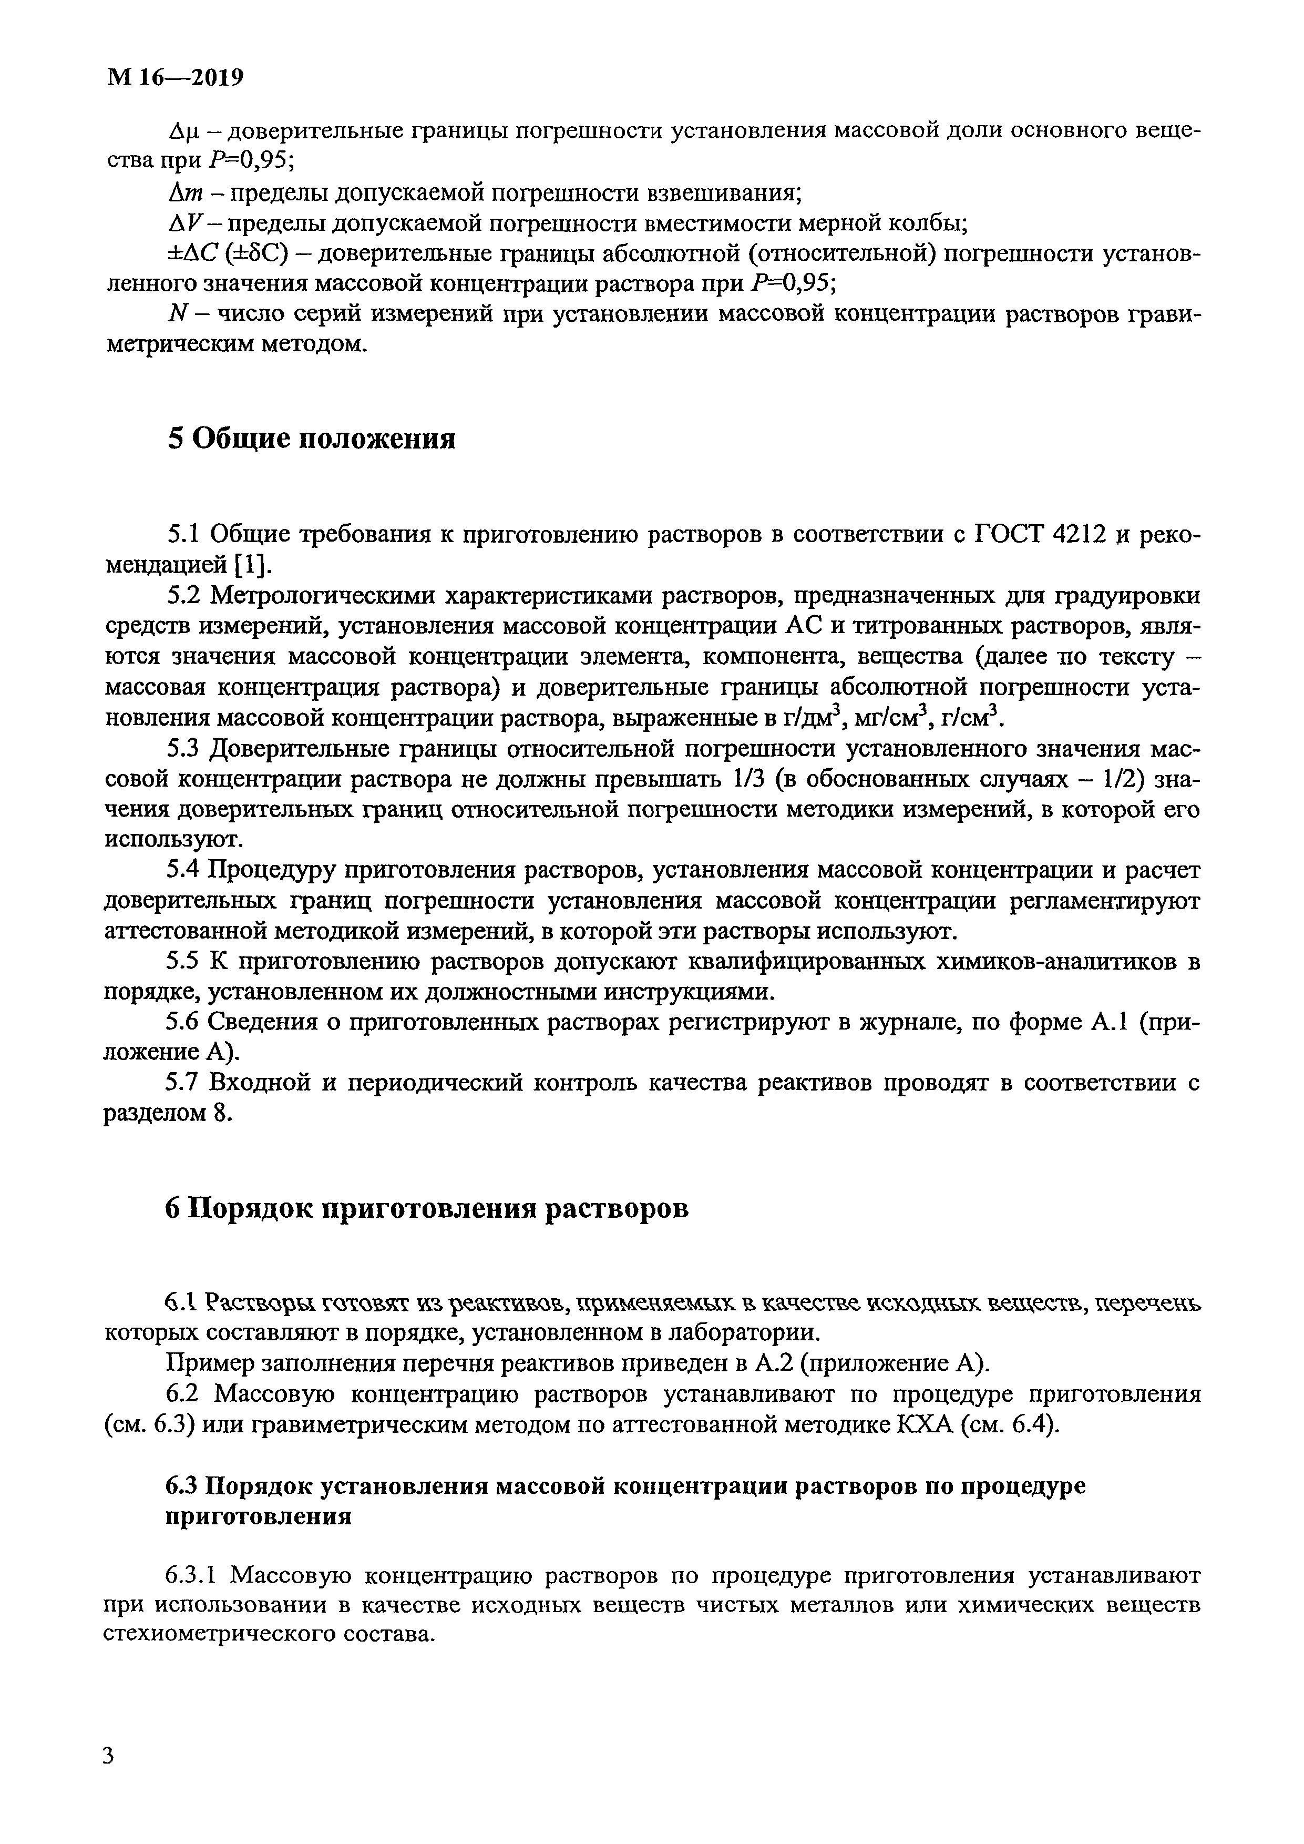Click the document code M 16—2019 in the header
click(174, 78)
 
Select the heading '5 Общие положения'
click(311, 439)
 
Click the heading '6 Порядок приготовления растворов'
click(426, 1209)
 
